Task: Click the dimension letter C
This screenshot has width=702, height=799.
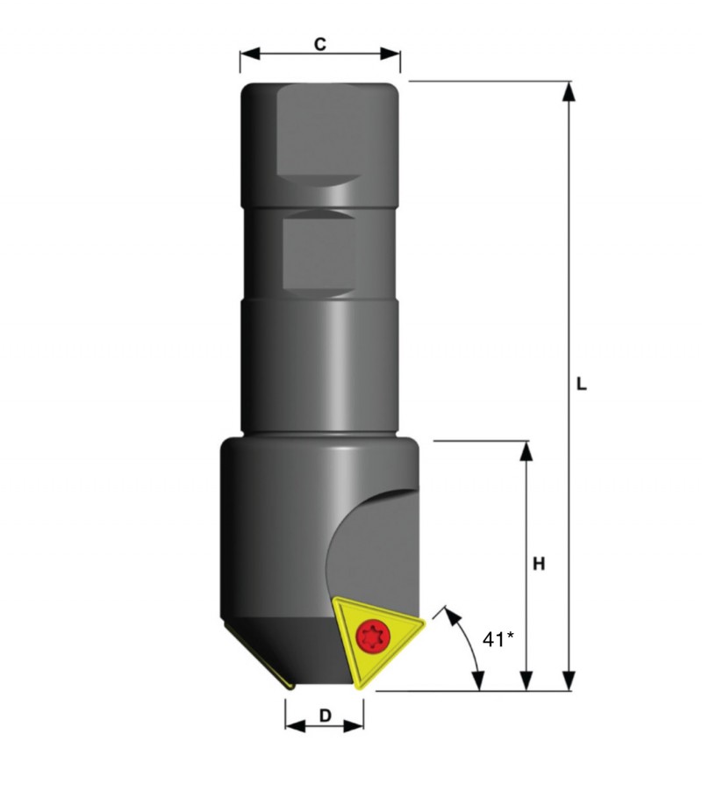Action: [319, 44]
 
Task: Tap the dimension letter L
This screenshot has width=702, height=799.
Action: [581, 385]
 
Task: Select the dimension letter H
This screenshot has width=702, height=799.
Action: [539, 564]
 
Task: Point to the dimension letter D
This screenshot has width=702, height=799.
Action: [325, 716]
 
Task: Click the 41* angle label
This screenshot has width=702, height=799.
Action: [498, 639]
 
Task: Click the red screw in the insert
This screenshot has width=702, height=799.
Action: [373, 636]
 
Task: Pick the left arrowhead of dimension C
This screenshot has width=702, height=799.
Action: [249, 54]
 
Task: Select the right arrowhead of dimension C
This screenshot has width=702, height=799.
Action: [390, 54]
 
